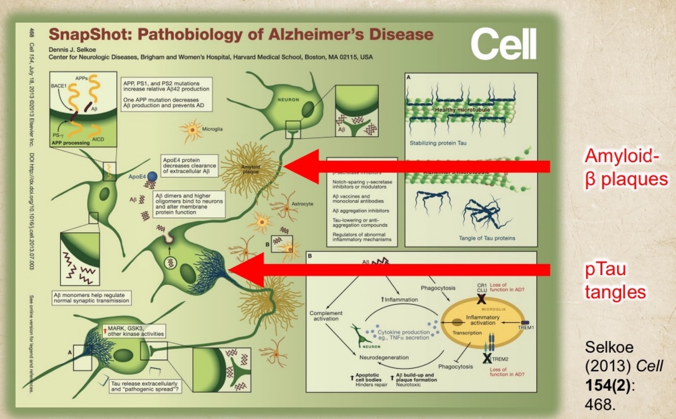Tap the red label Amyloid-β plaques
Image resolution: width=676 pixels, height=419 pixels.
pyautogui.click(x=625, y=168)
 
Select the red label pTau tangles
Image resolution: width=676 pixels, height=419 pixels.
pyautogui.click(x=615, y=280)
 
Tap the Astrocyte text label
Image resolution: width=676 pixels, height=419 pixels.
pyautogui.click(x=303, y=204)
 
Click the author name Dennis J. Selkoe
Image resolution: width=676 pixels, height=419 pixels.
pyautogui.click(x=72, y=49)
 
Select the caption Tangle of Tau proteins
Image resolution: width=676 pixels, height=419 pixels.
pyautogui.click(x=487, y=238)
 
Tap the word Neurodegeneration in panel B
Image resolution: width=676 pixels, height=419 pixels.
pyautogui.click(x=384, y=357)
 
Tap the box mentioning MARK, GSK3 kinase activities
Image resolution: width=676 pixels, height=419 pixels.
pyautogui.click(x=127, y=331)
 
